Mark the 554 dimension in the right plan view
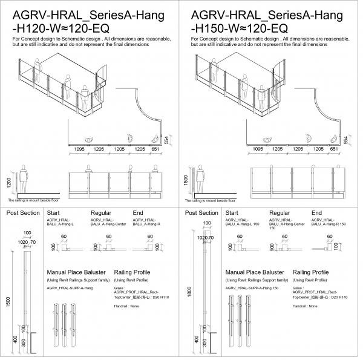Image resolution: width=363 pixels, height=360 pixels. click(344, 139)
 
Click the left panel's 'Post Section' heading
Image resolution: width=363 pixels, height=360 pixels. click(23, 213)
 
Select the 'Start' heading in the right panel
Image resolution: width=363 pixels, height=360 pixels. click(232, 213)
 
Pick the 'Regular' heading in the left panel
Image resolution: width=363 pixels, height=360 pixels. click(102, 213)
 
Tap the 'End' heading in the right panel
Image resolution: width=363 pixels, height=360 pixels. click(316, 213)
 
